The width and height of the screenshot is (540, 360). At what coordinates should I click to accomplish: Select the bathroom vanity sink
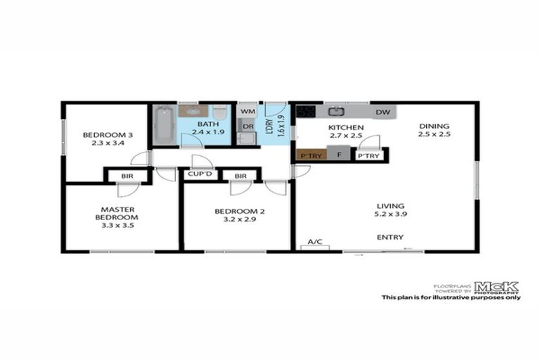[192, 110]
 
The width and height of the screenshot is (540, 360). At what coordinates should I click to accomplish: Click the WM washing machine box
[247, 111]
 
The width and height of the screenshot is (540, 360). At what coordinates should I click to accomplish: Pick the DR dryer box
[247, 127]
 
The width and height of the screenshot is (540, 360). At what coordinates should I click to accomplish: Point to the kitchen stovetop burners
[306, 111]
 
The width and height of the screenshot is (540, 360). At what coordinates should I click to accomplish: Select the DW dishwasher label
[383, 112]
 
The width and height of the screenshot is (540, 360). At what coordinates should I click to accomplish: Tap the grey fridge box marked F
[339, 155]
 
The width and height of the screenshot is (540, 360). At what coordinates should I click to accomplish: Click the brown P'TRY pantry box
[309, 155]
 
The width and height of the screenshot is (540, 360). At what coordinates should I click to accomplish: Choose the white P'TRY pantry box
[369, 156]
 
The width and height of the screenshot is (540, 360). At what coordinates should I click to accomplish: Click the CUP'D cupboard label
[200, 174]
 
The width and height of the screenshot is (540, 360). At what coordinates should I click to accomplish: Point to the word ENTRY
[390, 238]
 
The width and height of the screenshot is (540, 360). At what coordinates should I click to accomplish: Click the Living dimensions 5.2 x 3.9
[392, 214]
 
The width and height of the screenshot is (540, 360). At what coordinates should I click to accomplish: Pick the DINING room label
[433, 125]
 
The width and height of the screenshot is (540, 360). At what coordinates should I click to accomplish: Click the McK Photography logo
[496, 287]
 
